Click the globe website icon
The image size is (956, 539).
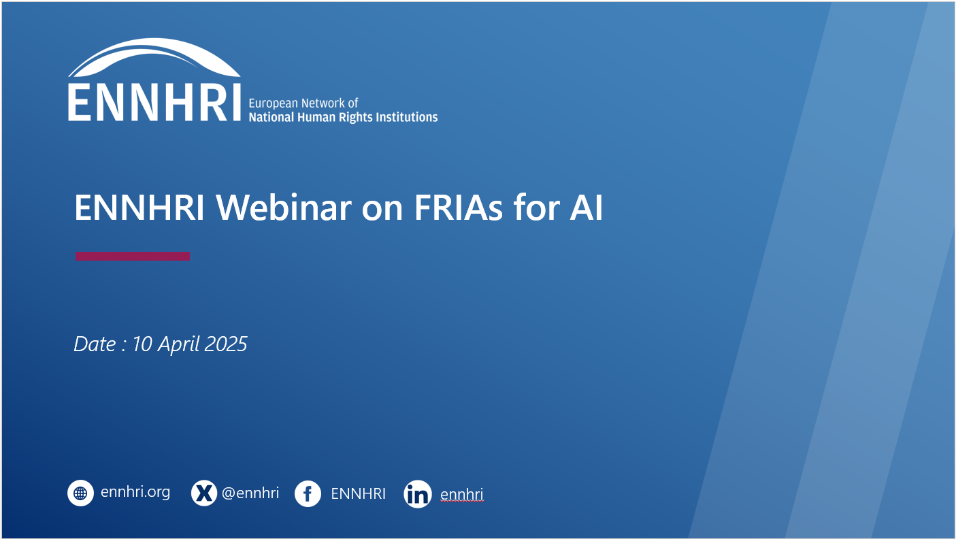click(x=80, y=493)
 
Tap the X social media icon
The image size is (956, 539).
click(x=204, y=493)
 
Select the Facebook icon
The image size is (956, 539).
click(x=308, y=494)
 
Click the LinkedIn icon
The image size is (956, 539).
click(x=418, y=494)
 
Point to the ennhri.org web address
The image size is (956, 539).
click(x=135, y=493)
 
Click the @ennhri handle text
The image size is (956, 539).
click(x=250, y=493)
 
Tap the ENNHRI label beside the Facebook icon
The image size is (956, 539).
click(x=358, y=494)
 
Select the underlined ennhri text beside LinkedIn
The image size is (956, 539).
click(x=462, y=494)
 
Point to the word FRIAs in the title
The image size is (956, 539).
click(x=459, y=208)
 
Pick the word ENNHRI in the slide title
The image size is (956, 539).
click(x=139, y=208)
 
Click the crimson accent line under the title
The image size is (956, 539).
click(x=133, y=256)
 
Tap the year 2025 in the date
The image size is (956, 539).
click(x=226, y=344)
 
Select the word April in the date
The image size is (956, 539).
click(x=178, y=345)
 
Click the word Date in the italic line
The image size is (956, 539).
click(x=95, y=344)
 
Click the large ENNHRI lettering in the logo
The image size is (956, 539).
click(x=154, y=102)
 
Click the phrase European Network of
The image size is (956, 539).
click(x=303, y=103)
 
